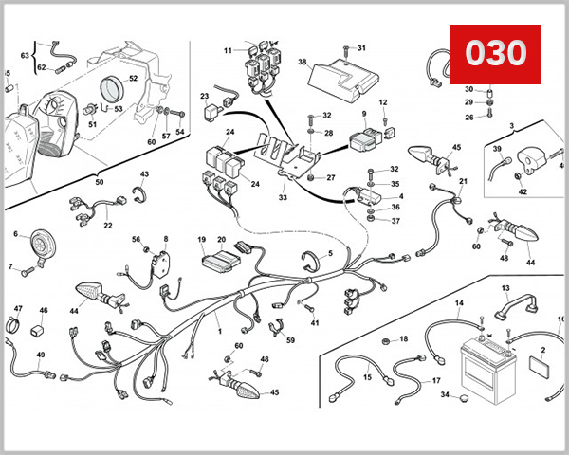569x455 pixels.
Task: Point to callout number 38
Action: (303, 62)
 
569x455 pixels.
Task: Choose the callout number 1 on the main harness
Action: (219, 331)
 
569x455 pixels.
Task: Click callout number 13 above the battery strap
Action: (505, 287)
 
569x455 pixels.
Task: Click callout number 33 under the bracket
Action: (283, 197)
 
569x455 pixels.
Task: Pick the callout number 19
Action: (202, 239)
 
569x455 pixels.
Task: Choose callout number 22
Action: (108, 226)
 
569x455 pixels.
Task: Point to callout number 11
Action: (228, 49)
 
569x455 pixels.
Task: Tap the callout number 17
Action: (436, 381)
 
